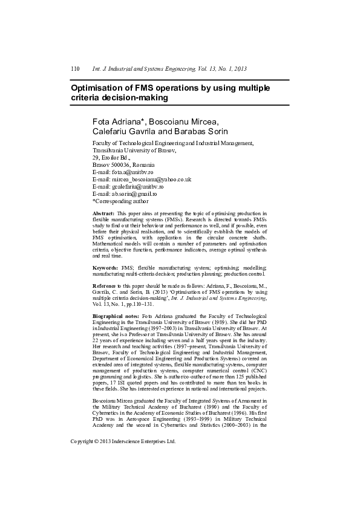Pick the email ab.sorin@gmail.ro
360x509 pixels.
(134, 194)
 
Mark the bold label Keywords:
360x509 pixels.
(105, 267)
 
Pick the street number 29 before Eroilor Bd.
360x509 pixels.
(96, 157)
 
